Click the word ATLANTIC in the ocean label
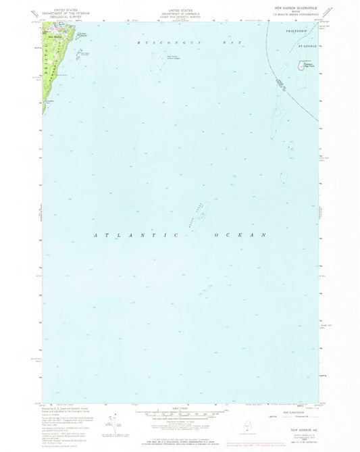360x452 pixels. (132, 234)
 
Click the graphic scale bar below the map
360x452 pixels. (179, 411)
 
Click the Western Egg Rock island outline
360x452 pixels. (161, 65)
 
